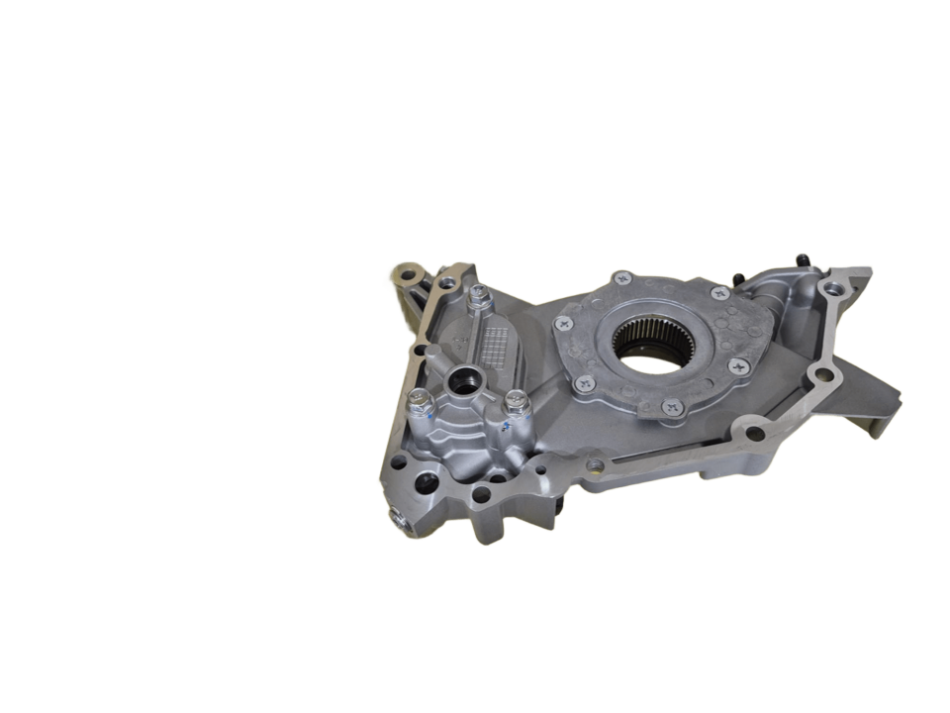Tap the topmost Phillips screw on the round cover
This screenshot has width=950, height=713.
click(622, 277)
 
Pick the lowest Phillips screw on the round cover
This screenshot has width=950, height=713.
click(672, 405)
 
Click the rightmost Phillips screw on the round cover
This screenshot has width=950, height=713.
click(739, 365)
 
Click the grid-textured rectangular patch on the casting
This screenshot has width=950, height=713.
click(499, 347)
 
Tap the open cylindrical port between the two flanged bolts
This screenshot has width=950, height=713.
click(463, 379)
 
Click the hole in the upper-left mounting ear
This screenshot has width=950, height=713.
click(404, 273)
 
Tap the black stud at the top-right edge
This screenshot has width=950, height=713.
click(803, 259)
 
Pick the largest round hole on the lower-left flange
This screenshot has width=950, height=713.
click(427, 484)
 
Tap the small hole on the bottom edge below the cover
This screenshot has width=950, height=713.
click(595, 465)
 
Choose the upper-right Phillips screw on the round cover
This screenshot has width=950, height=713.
click(719, 293)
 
